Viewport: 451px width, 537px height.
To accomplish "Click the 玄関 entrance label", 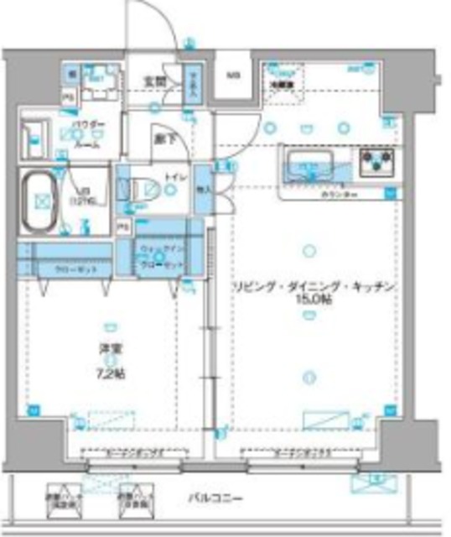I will (x=153, y=81).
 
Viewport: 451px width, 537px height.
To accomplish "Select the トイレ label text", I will (x=176, y=177).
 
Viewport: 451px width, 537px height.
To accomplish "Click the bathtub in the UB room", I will (x=43, y=201).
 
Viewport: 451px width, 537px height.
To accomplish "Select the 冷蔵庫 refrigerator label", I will (x=279, y=83).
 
